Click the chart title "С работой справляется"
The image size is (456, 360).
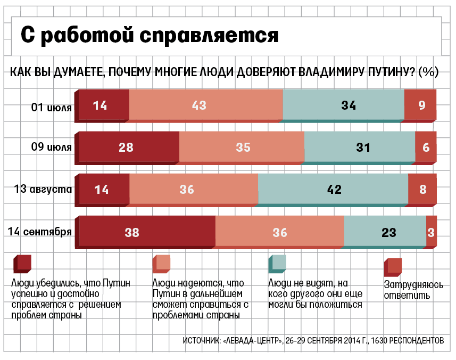(x=150, y=35)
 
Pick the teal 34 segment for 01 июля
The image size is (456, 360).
(x=344, y=105)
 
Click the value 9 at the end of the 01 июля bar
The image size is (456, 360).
(x=421, y=105)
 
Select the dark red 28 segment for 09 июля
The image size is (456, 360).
(x=128, y=148)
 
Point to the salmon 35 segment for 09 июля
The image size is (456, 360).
(x=242, y=148)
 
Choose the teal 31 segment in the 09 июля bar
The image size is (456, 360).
(x=360, y=148)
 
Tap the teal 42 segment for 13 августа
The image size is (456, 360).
(x=333, y=189)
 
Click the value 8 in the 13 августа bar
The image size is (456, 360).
(x=423, y=189)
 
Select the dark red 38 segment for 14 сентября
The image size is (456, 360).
(x=146, y=232)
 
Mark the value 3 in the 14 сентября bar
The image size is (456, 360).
(x=432, y=232)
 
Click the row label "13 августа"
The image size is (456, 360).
(x=45, y=188)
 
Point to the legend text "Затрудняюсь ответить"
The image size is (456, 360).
(x=413, y=289)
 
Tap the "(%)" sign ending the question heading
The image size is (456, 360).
(x=428, y=72)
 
